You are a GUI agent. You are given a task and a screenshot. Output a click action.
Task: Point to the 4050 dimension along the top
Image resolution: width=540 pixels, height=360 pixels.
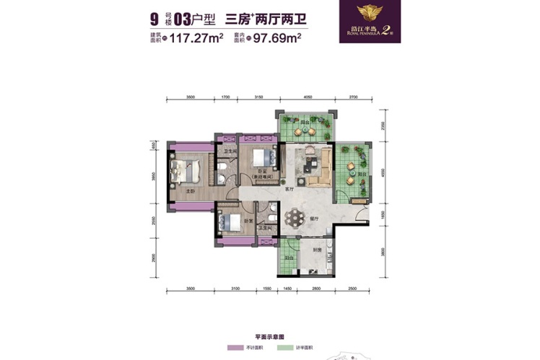coord(307,96)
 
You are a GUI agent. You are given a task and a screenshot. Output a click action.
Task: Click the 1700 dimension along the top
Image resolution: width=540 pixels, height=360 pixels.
coord(225,96)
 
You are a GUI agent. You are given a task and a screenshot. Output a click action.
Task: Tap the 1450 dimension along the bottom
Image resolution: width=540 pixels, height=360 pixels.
coord(286,289)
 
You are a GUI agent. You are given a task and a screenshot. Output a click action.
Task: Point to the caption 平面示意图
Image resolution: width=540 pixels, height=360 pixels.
coord(271,336)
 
